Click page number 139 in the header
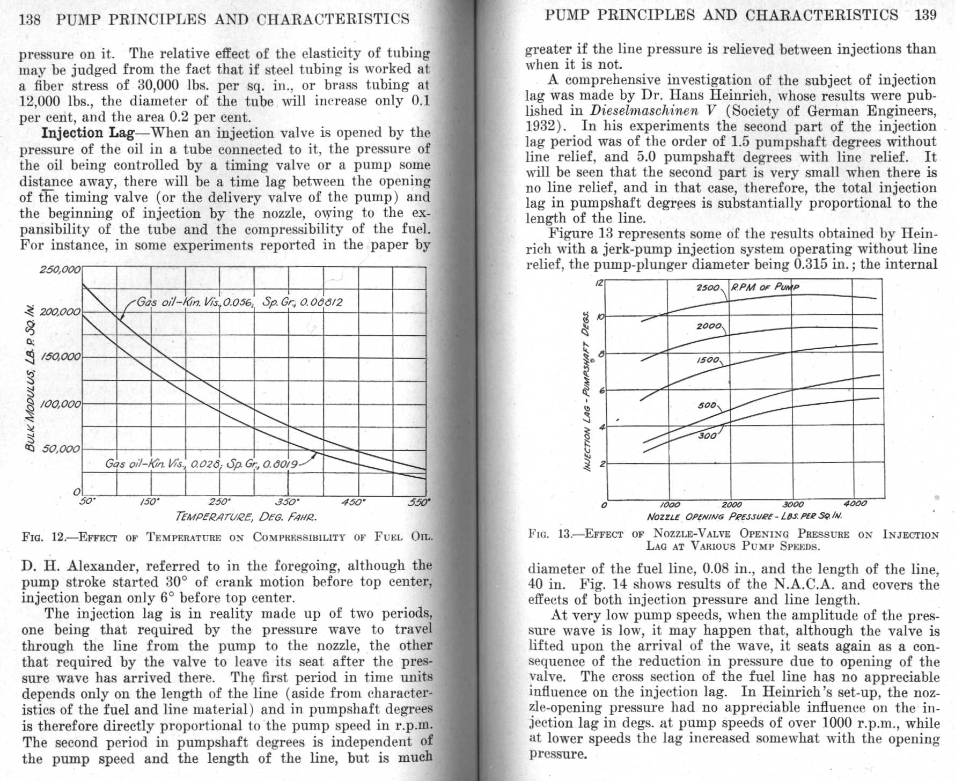coord(925,15)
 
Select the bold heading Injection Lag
coord(87,133)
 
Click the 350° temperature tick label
coord(286,503)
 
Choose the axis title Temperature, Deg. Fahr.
coord(246,518)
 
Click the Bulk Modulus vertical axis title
coord(32,378)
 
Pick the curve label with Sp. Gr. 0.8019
coord(201,463)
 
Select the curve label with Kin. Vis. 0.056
coord(239,302)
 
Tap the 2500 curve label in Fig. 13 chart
coord(708,288)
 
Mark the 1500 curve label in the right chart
coord(708,360)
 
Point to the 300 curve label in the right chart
coord(707,436)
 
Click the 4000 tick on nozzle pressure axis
coord(855,504)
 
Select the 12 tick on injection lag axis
coord(599,283)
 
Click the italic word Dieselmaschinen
coord(644,111)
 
